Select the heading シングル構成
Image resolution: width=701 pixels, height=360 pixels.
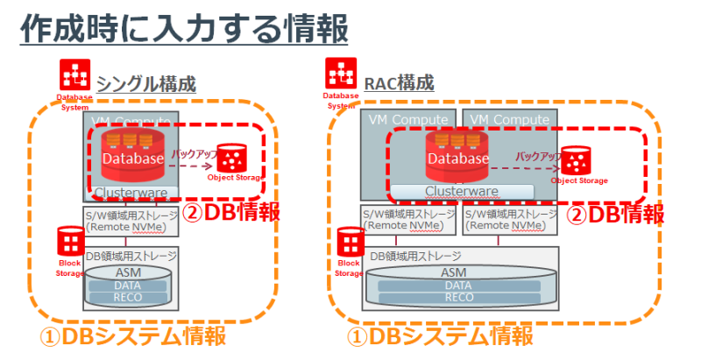coord(145,84)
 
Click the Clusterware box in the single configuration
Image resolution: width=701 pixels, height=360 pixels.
coord(132,192)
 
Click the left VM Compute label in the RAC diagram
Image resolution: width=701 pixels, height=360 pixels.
coord(407,118)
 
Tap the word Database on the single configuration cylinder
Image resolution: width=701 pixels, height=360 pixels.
coord(132,159)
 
